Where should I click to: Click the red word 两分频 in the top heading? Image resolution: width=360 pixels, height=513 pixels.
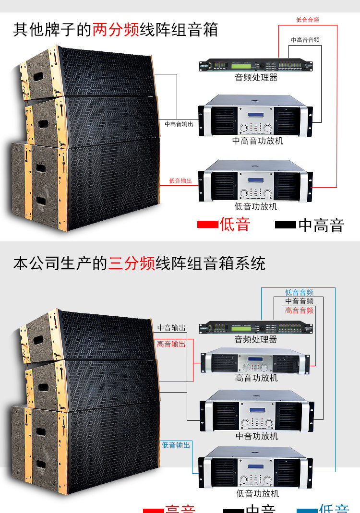tap(116, 30)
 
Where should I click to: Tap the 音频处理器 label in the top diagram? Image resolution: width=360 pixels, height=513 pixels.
tap(256, 77)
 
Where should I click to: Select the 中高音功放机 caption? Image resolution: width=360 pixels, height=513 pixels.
tap(257, 141)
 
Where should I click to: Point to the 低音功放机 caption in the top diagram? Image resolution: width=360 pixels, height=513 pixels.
tap(256, 207)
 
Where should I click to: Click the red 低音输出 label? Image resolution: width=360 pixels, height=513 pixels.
tap(180, 181)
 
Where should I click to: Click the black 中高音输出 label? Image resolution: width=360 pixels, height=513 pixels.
tap(179, 124)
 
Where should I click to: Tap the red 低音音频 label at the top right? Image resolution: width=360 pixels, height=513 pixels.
tap(307, 20)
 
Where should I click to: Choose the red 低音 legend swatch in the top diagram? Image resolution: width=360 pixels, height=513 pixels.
tap(207, 225)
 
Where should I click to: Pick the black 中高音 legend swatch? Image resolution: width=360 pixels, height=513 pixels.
tap(285, 225)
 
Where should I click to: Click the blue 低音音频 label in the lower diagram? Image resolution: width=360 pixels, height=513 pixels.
tap(300, 292)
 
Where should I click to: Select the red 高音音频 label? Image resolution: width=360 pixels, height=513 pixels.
tap(300, 310)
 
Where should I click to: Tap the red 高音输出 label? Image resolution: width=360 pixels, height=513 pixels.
tap(171, 344)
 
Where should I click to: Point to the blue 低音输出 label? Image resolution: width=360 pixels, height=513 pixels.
tap(176, 445)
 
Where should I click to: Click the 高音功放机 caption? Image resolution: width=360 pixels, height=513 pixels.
tap(256, 378)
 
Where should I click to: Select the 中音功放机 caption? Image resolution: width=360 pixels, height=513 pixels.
tap(256, 436)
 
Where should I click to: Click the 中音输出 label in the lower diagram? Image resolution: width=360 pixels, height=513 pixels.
tap(171, 328)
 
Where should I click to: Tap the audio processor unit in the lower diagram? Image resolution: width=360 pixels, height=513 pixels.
tap(256, 328)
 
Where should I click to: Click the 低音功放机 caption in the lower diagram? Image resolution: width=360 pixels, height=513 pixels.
tap(257, 493)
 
